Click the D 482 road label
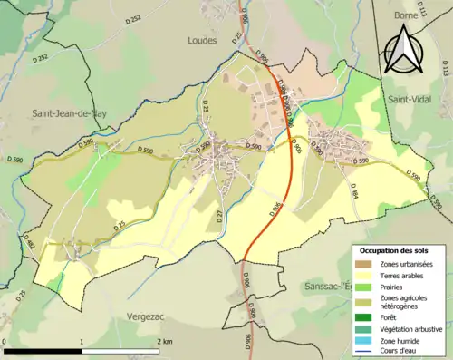tap(31, 244)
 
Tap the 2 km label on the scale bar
tap(164, 341)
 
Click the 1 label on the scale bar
tap(82, 341)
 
